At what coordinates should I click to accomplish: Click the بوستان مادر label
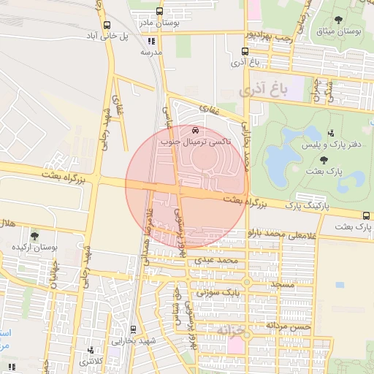(x=159, y=23)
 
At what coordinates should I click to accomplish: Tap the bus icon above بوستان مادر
(x=160, y=12)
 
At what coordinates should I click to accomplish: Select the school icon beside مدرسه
(x=151, y=42)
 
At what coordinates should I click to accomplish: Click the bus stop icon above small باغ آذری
(x=244, y=51)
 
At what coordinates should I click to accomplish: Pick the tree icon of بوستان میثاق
(x=337, y=20)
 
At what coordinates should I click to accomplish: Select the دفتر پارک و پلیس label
(x=337, y=145)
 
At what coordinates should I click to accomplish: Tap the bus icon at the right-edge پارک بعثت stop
(x=365, y=215)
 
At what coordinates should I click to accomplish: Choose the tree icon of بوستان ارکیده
(x=34, y=235)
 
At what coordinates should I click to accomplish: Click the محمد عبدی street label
(x=222, y=260)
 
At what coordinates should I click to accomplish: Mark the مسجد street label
(x=280, y=282)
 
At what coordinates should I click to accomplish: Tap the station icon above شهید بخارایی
(x=132, y=329)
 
